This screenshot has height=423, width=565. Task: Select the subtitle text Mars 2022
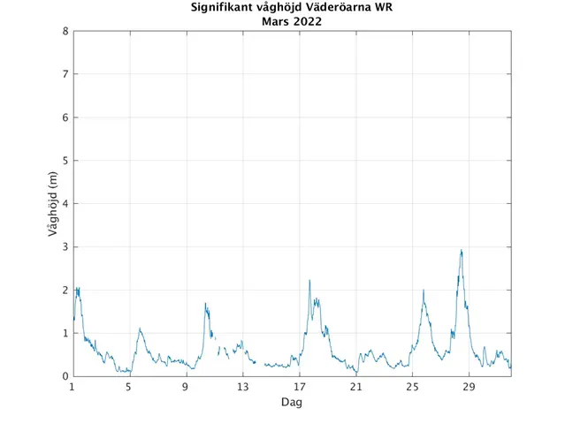[x=292, y=22]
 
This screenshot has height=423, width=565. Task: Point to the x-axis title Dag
[x=292, y=403]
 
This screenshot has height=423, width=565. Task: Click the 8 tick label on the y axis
[x=65, y=32]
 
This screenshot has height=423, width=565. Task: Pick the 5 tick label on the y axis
[x=65, y=161]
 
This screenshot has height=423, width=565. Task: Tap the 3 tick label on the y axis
[x=65, y=247]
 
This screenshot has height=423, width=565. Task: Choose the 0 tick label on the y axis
[x=65, y=376]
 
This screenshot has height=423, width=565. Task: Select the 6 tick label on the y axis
[x=65, y=117]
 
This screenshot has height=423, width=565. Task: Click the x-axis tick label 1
[x=73, y=388]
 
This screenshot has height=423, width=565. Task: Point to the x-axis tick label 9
[x=186, y=388]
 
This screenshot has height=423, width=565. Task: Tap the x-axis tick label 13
[x=242, y=388]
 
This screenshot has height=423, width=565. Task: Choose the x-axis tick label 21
[x=355, y=388]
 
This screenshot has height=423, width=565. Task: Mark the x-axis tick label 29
[x=469, y=388]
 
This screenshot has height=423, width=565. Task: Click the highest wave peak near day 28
[x=461, y=251]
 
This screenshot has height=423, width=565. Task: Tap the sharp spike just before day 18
[x=309, y=281]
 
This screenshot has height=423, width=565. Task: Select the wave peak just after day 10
[x=206, y=305]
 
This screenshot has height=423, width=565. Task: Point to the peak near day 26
[x=424, y=291]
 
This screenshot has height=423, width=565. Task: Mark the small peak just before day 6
[x=140, y=329]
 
